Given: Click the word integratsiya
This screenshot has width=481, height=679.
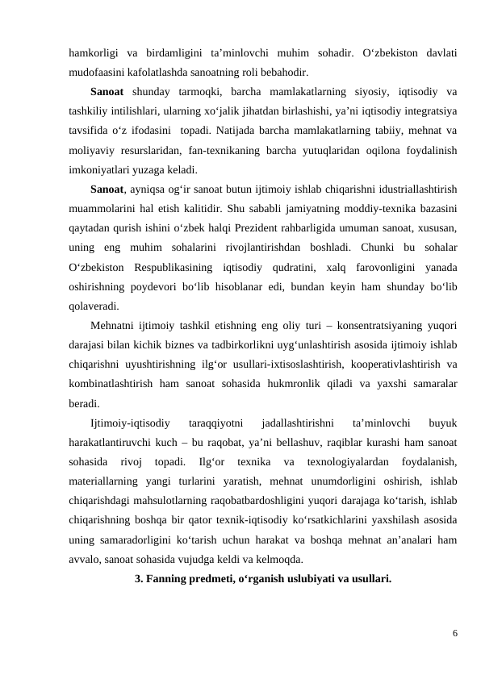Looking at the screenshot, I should point(426,110).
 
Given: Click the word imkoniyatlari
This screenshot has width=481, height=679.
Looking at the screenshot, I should point(103,170).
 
